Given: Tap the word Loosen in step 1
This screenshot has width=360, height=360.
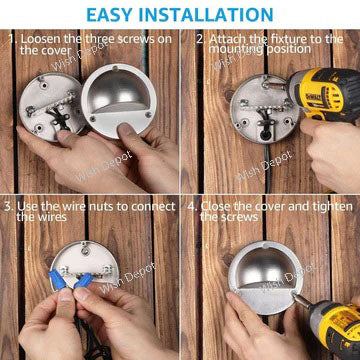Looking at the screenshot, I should coord(44,40).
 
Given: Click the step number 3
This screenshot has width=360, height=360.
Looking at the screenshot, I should coord(7,206).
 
